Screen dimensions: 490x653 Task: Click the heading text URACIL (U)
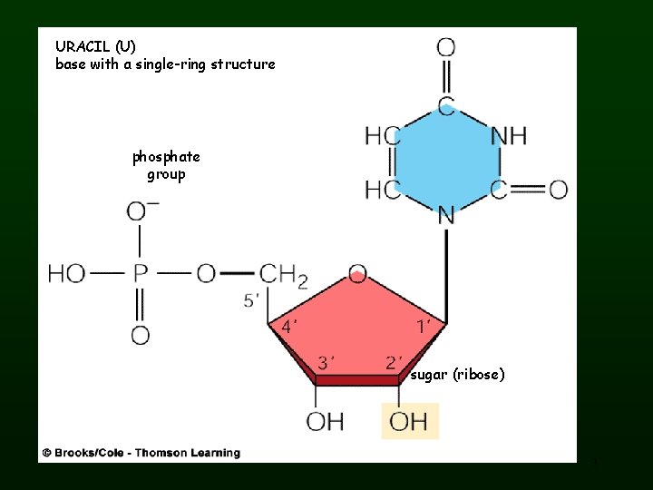pos(95,46)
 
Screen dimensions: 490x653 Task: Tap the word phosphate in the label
pos(166,157)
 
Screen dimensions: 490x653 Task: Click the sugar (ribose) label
pos(457,374)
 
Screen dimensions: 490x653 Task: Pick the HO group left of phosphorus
pos(67,274)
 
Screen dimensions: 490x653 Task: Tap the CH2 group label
pos(283,275)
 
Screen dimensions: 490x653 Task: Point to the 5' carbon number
pos(251,300)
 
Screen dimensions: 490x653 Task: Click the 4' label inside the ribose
pos(289,326)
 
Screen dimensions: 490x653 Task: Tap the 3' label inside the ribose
pos(326,363)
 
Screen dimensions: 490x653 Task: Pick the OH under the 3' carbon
pos(325,421)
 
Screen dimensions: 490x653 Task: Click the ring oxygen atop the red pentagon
pos(357,272)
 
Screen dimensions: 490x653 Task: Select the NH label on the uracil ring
pos(508,136)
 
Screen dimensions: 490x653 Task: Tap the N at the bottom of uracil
pos(445,215)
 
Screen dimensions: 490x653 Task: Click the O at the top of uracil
pos(446,46)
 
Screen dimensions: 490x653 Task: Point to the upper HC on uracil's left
pos(382,136)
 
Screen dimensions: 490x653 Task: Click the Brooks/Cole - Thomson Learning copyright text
pos(141,452)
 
